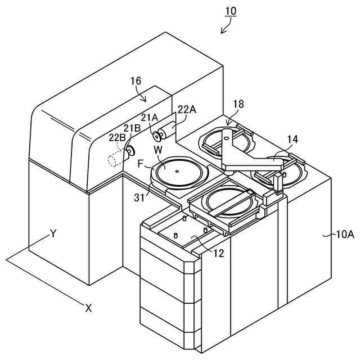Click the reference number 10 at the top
coord(231,11)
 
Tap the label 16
coord(136,80)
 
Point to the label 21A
coord(150,117)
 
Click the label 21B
coord(133,128)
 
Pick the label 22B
coord(118,138)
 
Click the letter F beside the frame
coord(141,164)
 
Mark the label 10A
coord(345,234)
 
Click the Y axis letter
coord(53,232)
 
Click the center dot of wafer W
coord(177,171)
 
